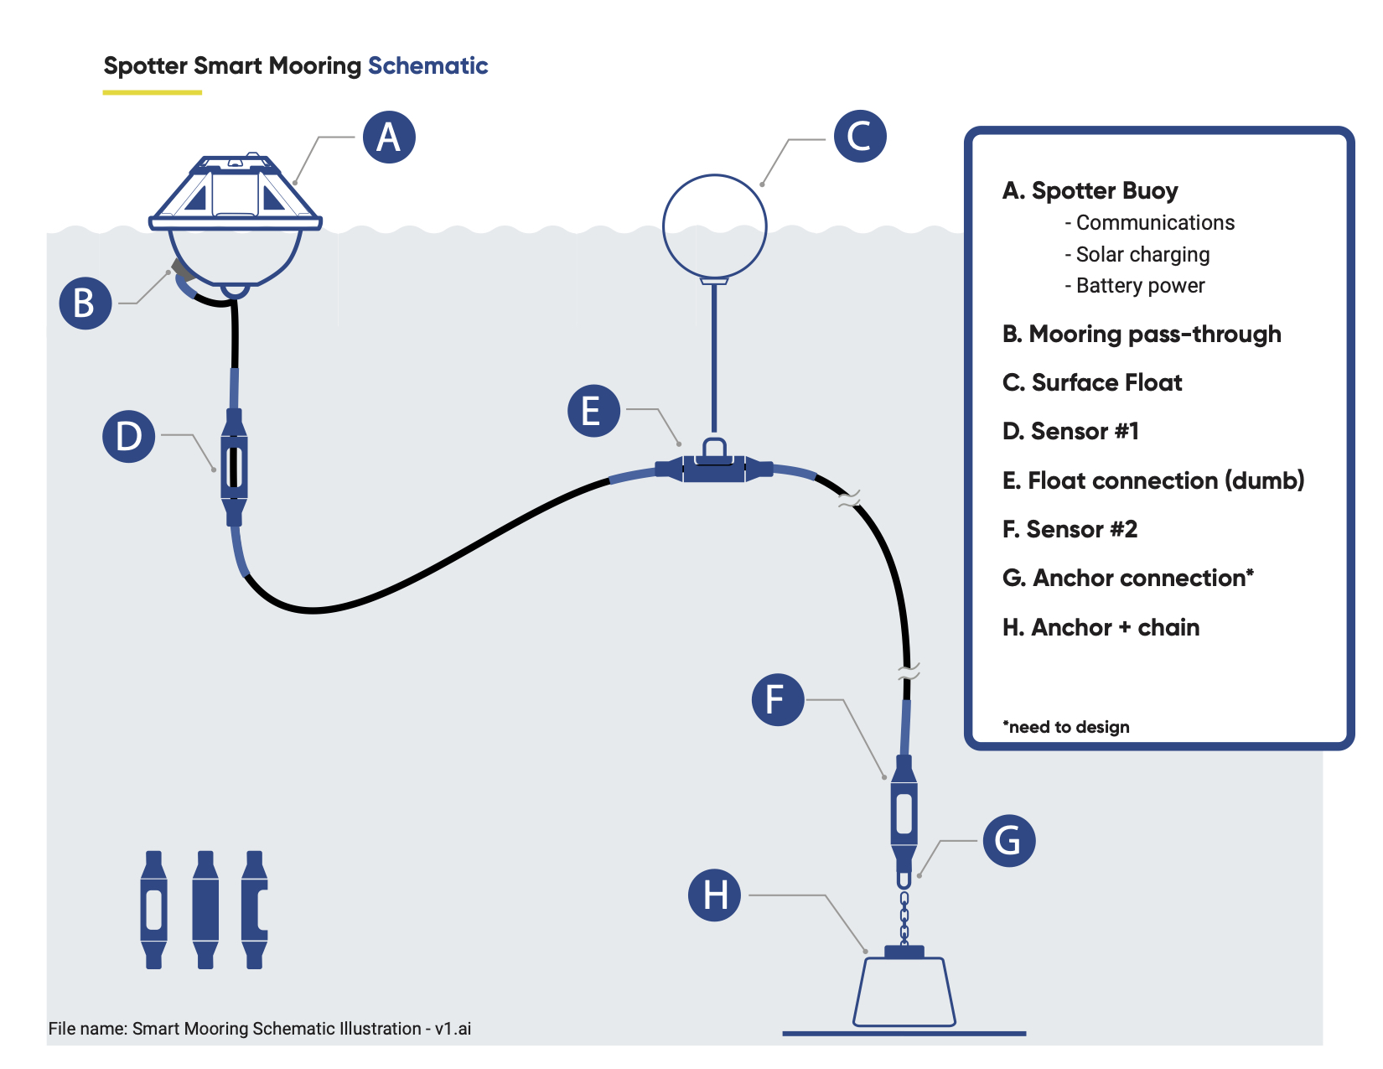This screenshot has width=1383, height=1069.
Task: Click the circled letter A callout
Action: (x=389, y=137)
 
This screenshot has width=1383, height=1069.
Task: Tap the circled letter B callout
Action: (x=85, y=303)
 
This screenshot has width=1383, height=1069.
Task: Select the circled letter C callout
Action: (x=861, y=137)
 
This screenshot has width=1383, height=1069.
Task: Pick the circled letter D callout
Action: (x=128, y=436)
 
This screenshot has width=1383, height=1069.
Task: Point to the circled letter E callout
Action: (x=593, y=411)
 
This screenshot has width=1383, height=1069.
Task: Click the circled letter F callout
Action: (x=778, y=700)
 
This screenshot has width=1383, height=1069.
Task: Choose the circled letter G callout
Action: (x=1009, y=840)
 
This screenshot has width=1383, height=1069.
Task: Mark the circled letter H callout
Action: (x=715, y=895)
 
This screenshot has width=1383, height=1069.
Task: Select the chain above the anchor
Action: (x=904, y=917)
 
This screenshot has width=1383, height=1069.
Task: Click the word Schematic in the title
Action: (x=428, y=65)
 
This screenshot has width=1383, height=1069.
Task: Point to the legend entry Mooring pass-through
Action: (x=1142, y=335)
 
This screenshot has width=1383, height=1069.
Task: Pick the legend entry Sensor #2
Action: (x=1070, y=529)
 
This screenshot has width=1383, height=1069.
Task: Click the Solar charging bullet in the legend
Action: (x=1137, y=255)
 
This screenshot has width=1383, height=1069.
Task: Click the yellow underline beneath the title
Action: (x=152, y=92)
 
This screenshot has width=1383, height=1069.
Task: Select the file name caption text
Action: (x=260, y=1028)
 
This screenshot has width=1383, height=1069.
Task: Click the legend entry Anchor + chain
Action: (x=1101, y=628)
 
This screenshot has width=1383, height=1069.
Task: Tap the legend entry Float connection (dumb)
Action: (x=1153, y=480)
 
